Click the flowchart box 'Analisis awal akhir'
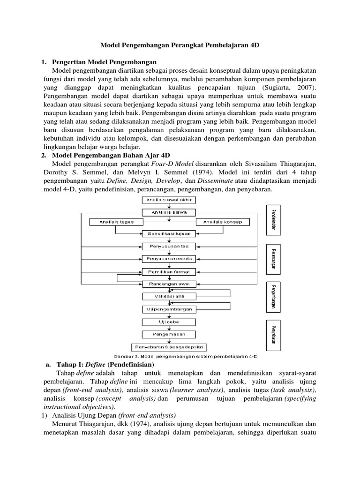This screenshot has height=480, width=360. coord(169,200)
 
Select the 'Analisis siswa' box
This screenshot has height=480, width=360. coord(169,212)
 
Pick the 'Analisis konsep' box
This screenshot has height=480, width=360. coord(223,222)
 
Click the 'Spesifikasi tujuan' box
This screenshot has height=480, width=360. coord(169,233)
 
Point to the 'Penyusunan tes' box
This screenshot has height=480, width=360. coord(169,246)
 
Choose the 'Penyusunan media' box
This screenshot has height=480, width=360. coord(169,259)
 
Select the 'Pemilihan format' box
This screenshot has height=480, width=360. coord(169,271)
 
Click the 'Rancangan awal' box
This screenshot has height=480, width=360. coord(169,284)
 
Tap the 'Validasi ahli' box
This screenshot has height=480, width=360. coord(169,296)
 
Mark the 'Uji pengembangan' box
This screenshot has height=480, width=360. coord(169,309)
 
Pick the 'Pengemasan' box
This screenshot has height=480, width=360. coord(169,334)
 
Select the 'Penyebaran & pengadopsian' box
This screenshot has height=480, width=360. coord(169,347)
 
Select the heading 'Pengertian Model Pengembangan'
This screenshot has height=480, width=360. coord(105,62)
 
